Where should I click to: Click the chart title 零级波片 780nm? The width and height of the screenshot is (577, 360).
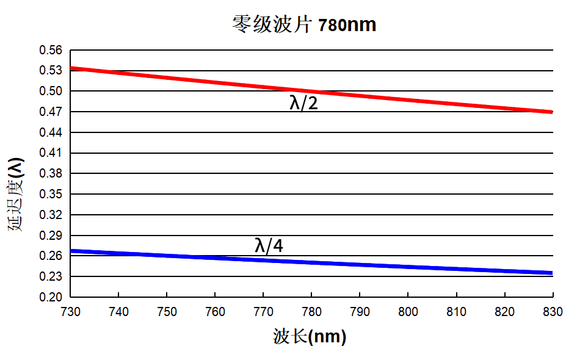[303, 25]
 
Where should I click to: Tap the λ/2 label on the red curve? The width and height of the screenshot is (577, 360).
[303, 103]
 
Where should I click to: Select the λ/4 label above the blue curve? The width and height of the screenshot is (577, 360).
[269, 246]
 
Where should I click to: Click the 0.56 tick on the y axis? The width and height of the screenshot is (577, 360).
[51, 51]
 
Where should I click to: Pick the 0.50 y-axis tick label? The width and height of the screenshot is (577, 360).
[51, 92]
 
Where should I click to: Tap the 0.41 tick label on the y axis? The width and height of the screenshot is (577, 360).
[51, 153]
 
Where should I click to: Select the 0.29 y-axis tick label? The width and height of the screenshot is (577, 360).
[51, 236]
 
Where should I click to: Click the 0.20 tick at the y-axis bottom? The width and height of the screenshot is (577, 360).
[51, 297]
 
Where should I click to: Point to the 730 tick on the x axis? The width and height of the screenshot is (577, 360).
[71, 312]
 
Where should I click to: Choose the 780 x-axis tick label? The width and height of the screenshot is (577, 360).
[311, 312]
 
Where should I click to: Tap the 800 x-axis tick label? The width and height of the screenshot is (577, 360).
[408, 312]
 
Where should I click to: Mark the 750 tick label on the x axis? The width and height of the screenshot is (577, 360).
[167, 312]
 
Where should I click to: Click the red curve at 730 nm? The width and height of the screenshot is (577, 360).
[73, 68]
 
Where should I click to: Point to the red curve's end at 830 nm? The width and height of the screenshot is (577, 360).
[551, 112]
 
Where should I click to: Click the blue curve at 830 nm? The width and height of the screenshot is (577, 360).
[551, 273]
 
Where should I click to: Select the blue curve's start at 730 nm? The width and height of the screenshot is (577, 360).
[73, 251]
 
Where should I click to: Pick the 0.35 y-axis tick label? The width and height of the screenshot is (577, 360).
[51, 194]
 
